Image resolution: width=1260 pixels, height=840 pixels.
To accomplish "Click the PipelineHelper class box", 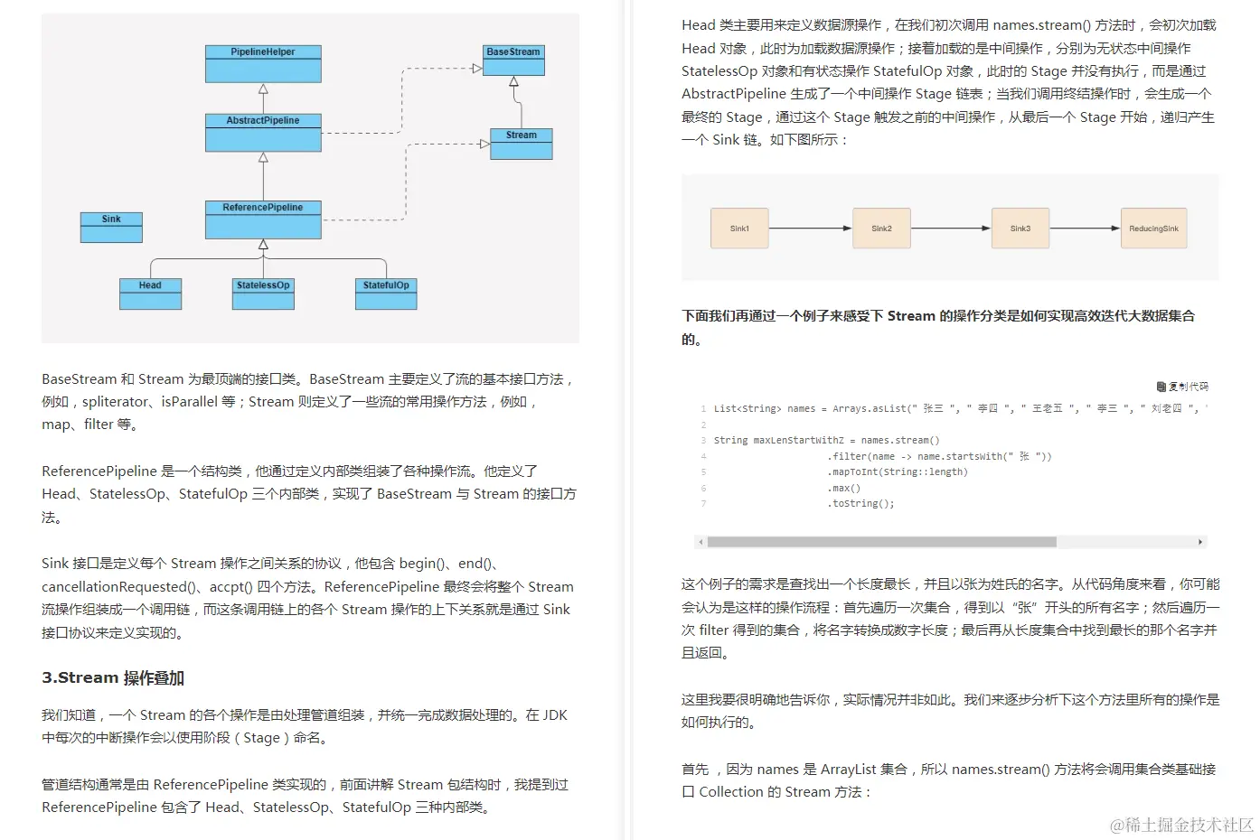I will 263,64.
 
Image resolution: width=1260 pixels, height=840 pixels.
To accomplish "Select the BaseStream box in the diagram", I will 513,61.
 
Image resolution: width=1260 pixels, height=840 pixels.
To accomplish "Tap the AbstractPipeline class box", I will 263,133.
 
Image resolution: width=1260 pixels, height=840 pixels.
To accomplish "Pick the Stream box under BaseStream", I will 522,145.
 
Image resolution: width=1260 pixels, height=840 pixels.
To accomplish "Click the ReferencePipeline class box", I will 263,219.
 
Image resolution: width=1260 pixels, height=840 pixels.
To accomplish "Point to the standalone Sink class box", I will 111,228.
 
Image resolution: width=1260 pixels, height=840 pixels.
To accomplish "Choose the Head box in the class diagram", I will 150,294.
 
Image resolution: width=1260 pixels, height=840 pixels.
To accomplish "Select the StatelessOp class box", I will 263,294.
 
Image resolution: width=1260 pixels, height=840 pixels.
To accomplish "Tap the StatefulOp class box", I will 386,294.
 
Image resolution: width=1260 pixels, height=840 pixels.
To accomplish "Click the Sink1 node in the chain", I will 739,229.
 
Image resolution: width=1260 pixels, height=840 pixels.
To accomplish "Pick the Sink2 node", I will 881,229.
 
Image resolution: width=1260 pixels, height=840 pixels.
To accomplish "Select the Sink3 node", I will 1020,229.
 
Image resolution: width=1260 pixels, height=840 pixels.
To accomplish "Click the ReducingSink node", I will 1153,229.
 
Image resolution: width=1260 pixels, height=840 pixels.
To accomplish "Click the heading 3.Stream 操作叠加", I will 113,678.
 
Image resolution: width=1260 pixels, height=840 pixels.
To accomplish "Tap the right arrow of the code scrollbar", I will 1200,542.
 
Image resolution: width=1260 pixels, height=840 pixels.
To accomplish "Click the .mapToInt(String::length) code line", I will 897,472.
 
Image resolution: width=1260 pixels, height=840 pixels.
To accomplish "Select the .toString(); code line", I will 860,504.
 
